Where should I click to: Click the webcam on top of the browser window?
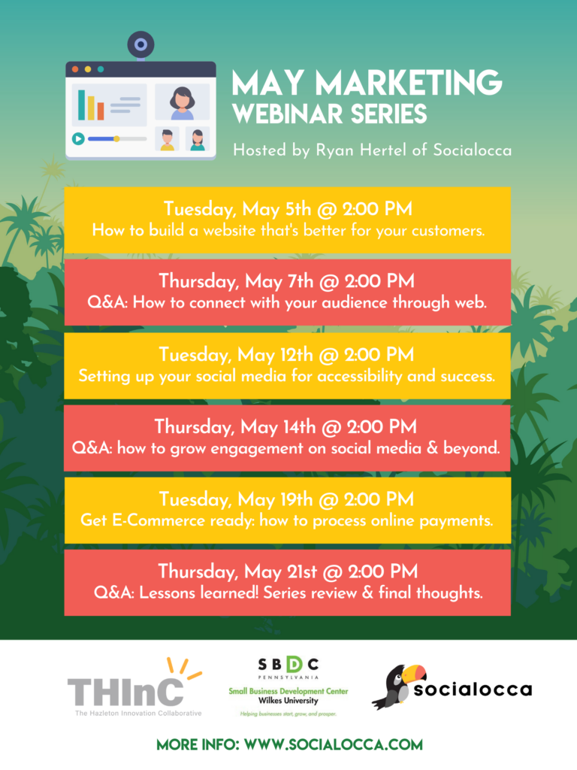click(140, 45)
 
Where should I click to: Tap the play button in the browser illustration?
click(77, 138)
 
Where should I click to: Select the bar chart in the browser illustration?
click(90, 107)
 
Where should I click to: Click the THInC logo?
click(125, 690)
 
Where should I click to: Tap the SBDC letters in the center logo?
click(288, 665)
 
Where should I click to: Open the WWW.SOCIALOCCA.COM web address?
click(331, 744)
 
